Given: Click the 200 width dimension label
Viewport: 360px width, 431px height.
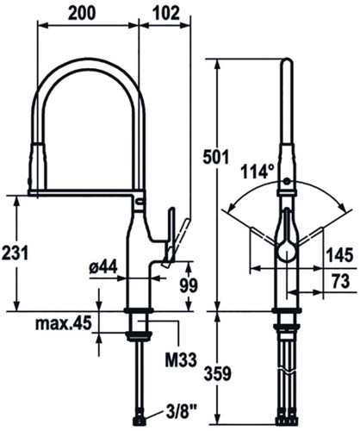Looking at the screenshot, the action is point(82,13).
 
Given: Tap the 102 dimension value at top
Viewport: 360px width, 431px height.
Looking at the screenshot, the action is point(165,13).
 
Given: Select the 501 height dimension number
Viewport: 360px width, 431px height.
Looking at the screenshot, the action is point(216,157).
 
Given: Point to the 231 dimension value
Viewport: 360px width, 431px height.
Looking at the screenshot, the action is point(15,253).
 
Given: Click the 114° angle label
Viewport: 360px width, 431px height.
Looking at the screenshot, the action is point(257,172).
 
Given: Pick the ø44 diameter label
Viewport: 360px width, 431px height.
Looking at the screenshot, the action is point(103,267).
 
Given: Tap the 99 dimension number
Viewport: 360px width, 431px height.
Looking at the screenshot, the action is point(189,285).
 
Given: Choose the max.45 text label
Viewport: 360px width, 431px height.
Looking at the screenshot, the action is point(64,323).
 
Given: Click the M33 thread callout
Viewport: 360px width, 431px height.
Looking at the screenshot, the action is point(181,359).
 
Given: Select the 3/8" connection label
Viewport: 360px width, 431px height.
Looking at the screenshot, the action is point(179,413).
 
